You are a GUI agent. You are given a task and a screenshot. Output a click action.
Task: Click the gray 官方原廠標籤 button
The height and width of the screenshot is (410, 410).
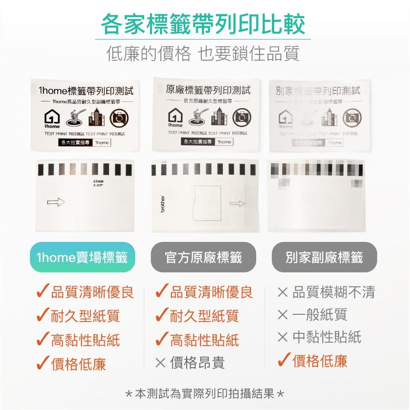pos(203,258)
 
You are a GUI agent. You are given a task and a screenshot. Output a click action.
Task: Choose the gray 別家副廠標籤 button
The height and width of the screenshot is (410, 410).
pos(324,258)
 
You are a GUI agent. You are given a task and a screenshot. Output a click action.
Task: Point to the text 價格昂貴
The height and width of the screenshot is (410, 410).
pos(197,363)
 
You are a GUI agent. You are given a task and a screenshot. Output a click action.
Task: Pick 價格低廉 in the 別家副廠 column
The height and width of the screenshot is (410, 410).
pos(320,361)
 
